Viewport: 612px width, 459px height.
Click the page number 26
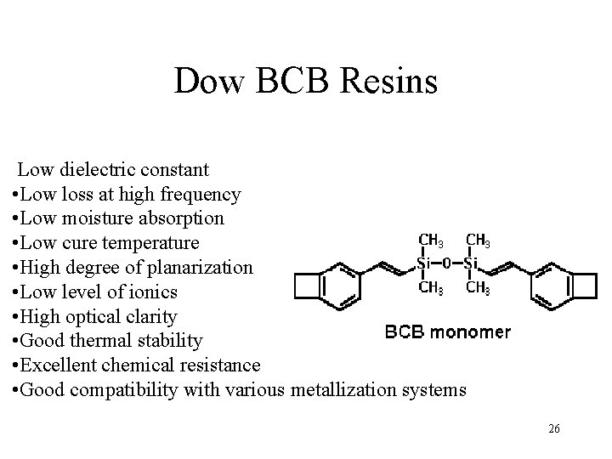click(x=553, y=428)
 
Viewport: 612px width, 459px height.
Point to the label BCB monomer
click(x=449, y=331)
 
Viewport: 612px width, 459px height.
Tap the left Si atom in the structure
click(x=425, y=263)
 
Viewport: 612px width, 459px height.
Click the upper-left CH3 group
click(x=428, y=242)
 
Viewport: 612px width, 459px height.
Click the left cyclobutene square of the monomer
click(x=307, y=287)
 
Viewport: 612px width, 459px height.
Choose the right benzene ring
click(x=552, y=286)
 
